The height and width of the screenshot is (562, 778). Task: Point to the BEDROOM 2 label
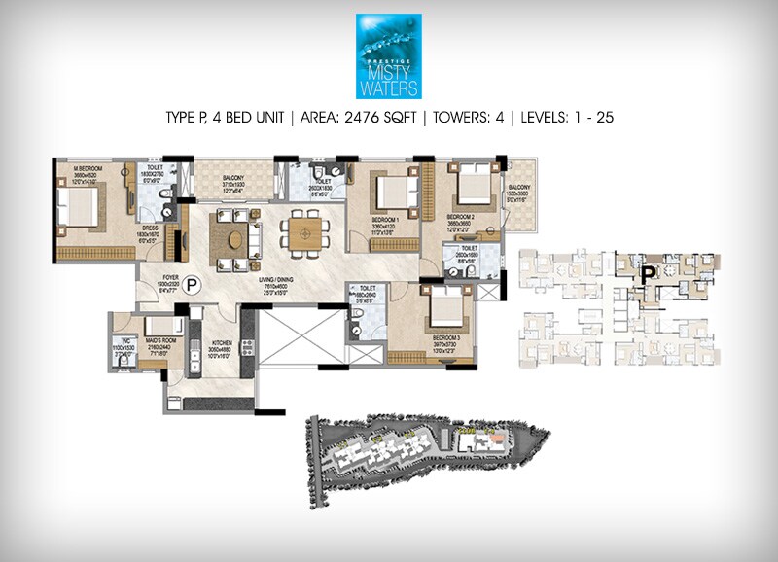coord(460,217)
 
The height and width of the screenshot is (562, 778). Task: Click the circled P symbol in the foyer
coord(192,287)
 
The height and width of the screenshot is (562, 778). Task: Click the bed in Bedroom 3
coord(443,308)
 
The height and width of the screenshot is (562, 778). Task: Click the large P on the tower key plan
coord(642,276)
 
